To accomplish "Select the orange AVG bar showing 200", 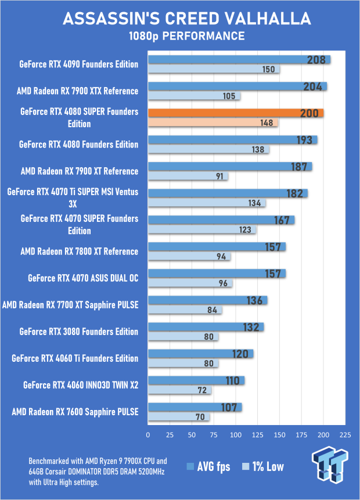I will pyautogui.click(x=236, y=113).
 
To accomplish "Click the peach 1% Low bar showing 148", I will pyautogui.click(x=213, y=123).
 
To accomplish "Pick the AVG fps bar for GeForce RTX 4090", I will pyautogui.click(x=239, y=59).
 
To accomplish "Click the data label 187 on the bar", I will pyautogui.click(x=299, y=167).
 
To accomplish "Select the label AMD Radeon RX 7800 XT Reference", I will pyautogui.click(x=79, y=251).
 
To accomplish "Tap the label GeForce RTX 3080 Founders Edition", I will pyautogui.click(x=78, y=332).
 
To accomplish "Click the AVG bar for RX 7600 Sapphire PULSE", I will pyautogui.click(x=195, y=407).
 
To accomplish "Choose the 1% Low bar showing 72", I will pyautogui.click(x=179, y=390).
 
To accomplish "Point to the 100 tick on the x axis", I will pyautogui.click(x=236, y=434).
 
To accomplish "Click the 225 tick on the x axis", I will pyautogui.click(x=345, y=434).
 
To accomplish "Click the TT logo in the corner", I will pyautogui.click(x=331, y=466).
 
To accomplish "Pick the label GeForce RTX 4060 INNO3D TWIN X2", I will pyautogui.click(x=81, y=384).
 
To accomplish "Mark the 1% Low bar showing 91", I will pyautogui.click(x=188, y=176).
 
